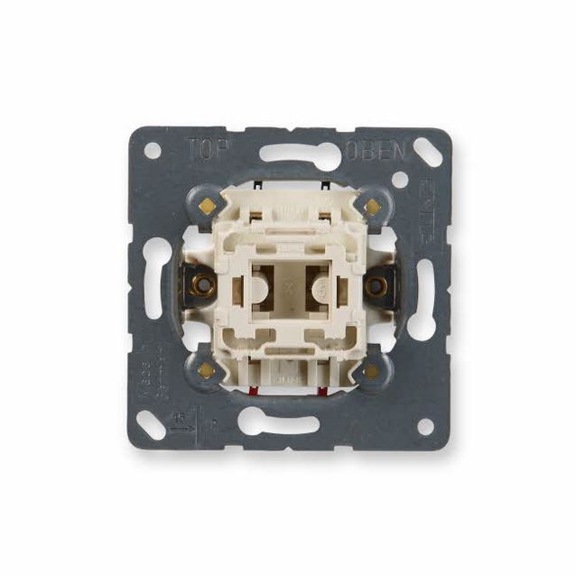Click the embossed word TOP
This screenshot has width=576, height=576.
tap(205, 146)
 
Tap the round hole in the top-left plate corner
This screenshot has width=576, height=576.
tap(153, 150)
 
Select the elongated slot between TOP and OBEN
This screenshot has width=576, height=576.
tap(288, 153)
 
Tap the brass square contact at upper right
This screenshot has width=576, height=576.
tap(371, 207)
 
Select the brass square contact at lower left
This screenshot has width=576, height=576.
tap(206, 370)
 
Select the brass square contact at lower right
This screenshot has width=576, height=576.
tap(371, 370)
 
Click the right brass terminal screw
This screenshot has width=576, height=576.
tap(378, 287)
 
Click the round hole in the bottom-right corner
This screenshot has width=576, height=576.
tap(423, 426)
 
